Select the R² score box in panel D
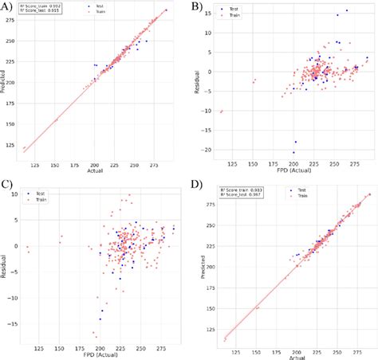(226, 194)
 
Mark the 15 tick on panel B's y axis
(206, 14)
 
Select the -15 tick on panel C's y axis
(14, 324)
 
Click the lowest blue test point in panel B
(293, 152)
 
